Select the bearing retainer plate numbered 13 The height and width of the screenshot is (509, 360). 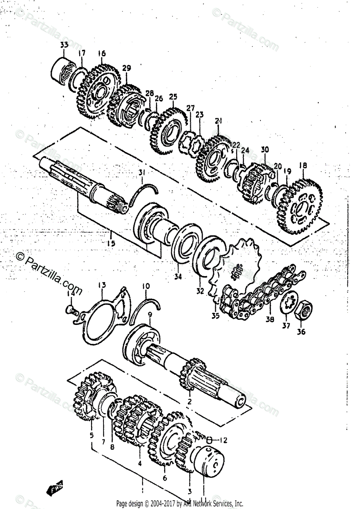tap(106, 318)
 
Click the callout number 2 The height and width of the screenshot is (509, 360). tap(190, 402)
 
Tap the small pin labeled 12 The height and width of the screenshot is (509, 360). tap(209, 439)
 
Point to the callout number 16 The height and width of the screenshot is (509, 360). tap(101, 54)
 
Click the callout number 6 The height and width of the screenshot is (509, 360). tap(165, 478)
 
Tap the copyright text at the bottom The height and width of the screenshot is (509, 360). tap(180, 504)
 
